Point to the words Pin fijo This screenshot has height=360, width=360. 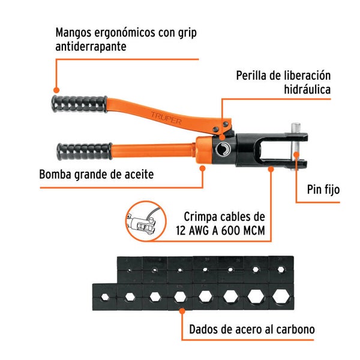tap(323, 190)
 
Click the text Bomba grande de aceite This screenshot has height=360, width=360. tap(96, 175)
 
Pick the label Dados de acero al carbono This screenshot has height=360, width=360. tap(251, 329)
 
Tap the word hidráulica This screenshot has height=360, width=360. tap(308, 90)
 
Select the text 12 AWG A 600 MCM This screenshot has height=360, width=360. tap(220, 230)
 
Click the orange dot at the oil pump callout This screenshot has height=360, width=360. tap(203, 169)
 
